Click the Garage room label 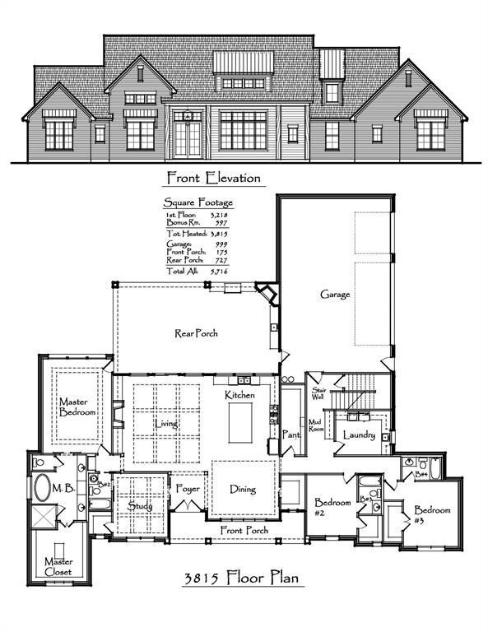(335, 294)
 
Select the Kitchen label (240, 396)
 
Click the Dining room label (242, 489)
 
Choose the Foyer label (188, 489)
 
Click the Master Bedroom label (77, 407)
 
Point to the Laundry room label (360, 434)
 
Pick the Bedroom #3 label (432, 514)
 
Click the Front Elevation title (213, 177)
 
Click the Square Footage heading (198, 202)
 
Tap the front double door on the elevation (188, 136)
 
